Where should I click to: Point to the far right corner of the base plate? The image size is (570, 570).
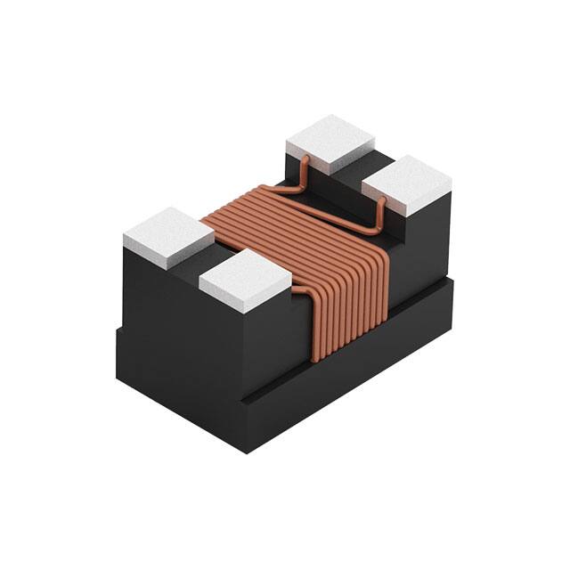pyautogui.click(x=455, y=278)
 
